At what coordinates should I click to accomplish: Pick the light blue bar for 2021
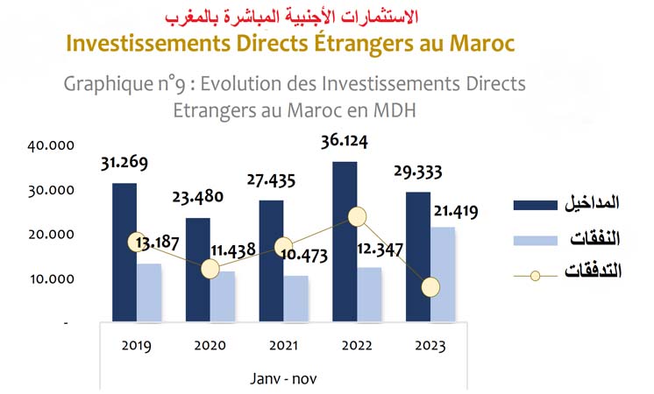point(296,299)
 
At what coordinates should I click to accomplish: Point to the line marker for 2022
point(357,216)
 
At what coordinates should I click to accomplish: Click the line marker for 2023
point(430,286)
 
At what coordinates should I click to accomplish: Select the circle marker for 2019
point(136,242)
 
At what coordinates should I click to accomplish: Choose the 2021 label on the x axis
point(283,346)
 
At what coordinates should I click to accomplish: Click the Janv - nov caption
point(284,378)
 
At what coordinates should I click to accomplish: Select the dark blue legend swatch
point(535,205)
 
